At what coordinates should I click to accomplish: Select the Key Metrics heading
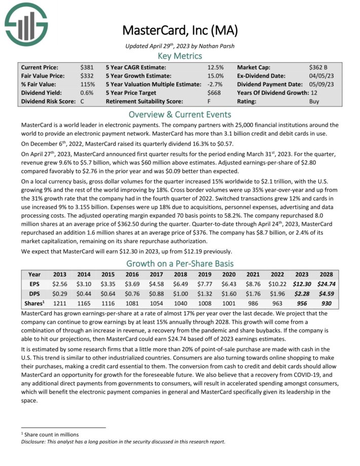pos(179,56)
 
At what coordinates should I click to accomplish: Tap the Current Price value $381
pos(86,67)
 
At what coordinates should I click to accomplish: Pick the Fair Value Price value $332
pos(86,76)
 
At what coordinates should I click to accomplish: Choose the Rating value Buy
pos(314,101)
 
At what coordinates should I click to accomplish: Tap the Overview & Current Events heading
pos(179,114)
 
